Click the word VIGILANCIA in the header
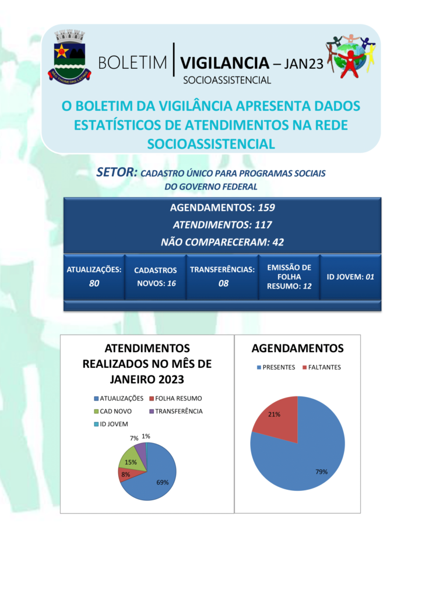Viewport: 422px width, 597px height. [x=225, y=63]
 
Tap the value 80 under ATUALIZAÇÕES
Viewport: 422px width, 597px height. [x=94, y=283]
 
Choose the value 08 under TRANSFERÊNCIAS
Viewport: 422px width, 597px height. [x=223, y=283]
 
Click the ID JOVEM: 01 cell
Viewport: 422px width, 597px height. [x=350, y=277]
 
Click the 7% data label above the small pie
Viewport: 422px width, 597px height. [x=134, y=438]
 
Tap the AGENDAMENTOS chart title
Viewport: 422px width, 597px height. [x=297, y=349]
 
